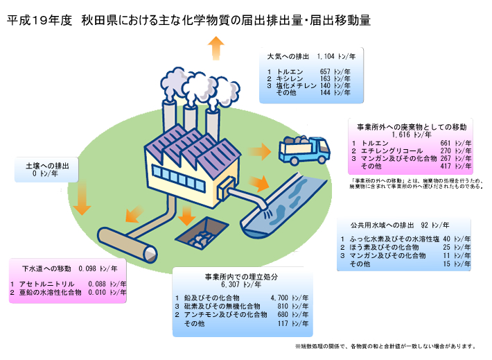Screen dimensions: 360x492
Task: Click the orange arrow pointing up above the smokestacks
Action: pyautogui.click(x=216, y=49)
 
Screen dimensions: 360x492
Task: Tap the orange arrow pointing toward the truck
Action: pyautogui.click(x=260, y=151)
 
